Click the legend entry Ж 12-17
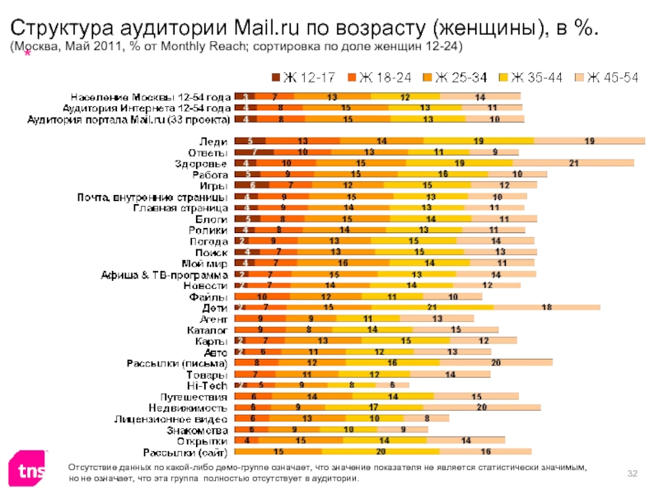tap(305, 78)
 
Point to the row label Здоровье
tap(202, 164)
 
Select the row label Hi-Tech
tap(208, 384)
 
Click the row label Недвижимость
tap(189, 408)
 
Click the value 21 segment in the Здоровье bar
tap(572, 164)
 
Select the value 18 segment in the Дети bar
tap(546, 307)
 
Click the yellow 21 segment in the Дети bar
tap(454, 307)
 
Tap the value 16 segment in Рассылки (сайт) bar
tap(486, 452)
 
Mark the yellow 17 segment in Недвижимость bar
tap(373, 408)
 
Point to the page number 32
tap(633, 472)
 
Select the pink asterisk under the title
tap(28, 54)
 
